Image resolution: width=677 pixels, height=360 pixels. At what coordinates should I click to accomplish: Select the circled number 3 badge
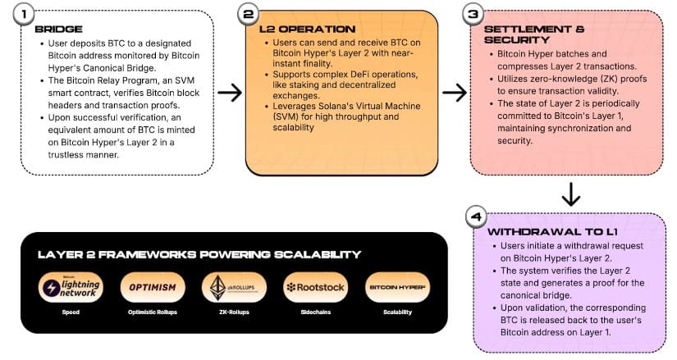coord(473,14)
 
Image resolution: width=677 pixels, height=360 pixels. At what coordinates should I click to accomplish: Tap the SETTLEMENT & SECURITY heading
coord(524,34)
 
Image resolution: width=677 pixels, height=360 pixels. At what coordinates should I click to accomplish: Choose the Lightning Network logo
coord(71,288)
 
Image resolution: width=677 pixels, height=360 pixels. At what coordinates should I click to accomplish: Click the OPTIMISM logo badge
coord(152,288)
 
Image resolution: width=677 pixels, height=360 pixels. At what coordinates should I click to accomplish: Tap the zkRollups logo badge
coord(234,288)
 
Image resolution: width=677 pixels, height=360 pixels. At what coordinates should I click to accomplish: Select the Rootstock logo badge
coord(315,288)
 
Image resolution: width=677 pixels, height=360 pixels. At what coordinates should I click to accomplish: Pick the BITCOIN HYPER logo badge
coord(397,288)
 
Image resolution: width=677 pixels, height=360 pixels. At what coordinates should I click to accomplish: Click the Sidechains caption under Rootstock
coord(315,312)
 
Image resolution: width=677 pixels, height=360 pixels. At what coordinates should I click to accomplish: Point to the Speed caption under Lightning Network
coord(71,312)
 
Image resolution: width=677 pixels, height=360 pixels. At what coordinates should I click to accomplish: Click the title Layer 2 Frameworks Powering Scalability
coord(199,254)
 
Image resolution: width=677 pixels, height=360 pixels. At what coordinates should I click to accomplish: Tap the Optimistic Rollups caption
coord(152,312)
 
